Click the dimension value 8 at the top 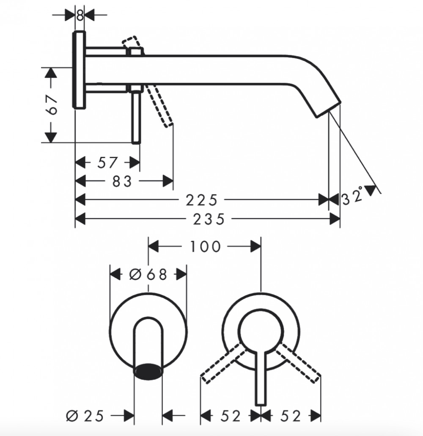[x=80, y=15]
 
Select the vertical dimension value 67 [x=52, y=105]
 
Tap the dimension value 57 [x=107, y=163]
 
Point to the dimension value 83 [x=122, y=182]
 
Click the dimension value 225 [x=201, y=200]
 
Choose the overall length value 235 [x=209, y=219]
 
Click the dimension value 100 [x=205, y=247]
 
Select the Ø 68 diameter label [x=148, y=275]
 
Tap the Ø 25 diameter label [x=85, y=416]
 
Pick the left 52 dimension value [x=231, y=416]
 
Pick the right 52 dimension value [x=291, y=416]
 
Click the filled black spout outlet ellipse [x=148, y=371]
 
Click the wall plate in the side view [x=79, y=69]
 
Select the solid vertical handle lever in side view [x=136, y=117]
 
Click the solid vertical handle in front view [x=261, y=378]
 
